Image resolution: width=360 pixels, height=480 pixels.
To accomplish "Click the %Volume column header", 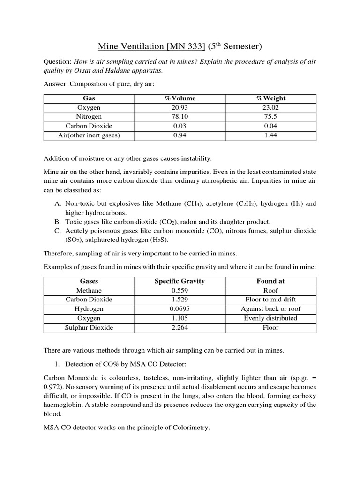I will (x=180, y=98).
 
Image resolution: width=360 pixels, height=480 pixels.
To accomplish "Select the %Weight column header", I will (x=270, y=98).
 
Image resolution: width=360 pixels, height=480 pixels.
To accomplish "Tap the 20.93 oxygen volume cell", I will (x=180, y=108).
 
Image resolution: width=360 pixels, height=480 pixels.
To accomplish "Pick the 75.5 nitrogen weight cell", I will (x=270, y=117).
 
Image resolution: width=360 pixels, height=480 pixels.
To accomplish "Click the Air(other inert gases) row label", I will (x=89, y=135).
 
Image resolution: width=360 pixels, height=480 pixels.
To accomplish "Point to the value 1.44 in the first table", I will (x=270, y=135).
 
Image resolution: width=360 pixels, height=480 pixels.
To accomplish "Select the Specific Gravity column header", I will (x=180, y=281).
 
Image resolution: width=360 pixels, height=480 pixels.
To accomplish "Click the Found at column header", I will (x=270, y=281).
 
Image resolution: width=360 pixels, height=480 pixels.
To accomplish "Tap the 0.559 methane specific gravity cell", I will (x=180, y=291).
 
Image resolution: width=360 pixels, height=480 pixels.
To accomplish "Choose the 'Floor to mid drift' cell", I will (x=270, y=300).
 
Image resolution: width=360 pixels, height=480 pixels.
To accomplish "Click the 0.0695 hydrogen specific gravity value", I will (x=180, y=309).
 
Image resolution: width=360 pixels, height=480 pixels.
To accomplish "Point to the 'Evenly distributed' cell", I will (x=270, y=318).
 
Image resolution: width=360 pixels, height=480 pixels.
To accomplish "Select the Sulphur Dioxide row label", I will (x=89, y=328).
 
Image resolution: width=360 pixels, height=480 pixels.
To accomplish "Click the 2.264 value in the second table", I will (x=180, y=328).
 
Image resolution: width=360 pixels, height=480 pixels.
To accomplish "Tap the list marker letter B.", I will (x=58, y=222).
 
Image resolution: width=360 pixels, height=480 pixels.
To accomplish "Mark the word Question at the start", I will (x=56, y=62).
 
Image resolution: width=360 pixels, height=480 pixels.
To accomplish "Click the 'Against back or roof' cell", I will (x=270, y=309).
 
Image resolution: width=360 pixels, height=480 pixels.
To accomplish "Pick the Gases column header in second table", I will (x=89, y=281).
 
